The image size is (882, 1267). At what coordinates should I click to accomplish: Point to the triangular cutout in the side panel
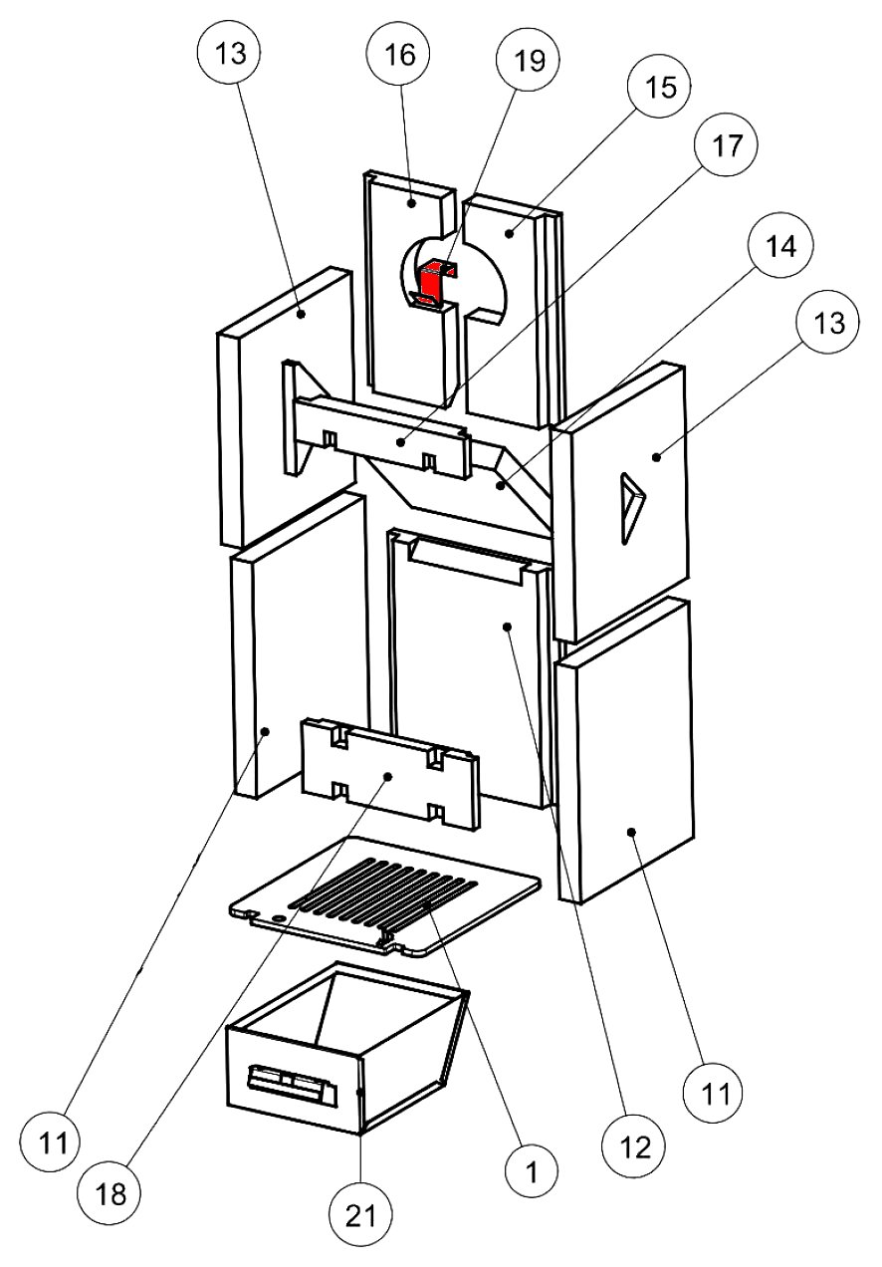[x=629, y=507]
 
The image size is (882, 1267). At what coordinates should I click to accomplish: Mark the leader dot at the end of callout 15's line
[x=509, y=234]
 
